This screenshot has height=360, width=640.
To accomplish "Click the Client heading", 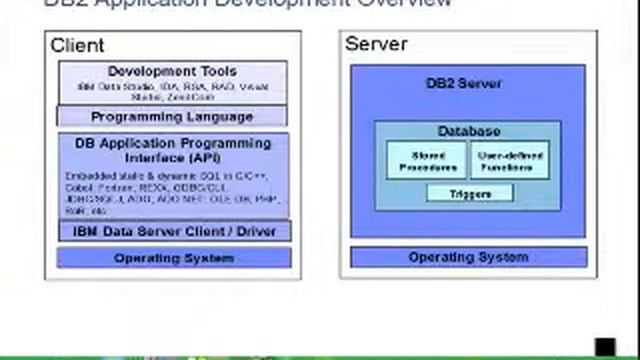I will point(77,45).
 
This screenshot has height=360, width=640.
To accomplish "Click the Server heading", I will point(370,44).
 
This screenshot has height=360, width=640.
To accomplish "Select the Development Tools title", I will point(172,71).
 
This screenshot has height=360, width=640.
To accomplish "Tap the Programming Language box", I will point(172,116).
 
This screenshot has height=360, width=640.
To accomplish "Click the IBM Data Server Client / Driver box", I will point(174,231).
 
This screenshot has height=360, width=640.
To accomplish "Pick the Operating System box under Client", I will point(174,258).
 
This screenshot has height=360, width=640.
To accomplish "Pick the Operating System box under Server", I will point(467,257).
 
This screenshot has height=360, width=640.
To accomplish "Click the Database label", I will point(468,131).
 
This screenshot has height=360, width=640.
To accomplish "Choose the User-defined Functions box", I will point(510,160).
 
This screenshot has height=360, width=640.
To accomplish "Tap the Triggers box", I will point(469,193).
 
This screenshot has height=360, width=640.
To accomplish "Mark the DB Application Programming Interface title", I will point(172,150).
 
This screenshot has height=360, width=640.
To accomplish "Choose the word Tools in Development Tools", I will point(217,71).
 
